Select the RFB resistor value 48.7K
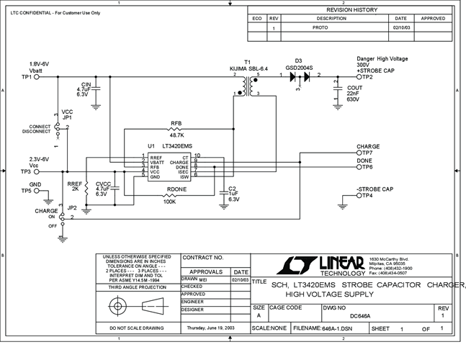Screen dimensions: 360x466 point(176,135)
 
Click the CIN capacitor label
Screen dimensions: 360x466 point(86,84)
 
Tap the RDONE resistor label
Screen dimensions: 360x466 point(176,190)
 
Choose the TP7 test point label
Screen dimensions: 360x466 point(367,153)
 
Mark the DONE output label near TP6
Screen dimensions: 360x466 point(364,161)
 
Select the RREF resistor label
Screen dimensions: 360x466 point(74,184)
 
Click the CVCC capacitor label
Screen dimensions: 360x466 point(102,183)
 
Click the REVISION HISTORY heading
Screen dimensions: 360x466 point(351,10)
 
